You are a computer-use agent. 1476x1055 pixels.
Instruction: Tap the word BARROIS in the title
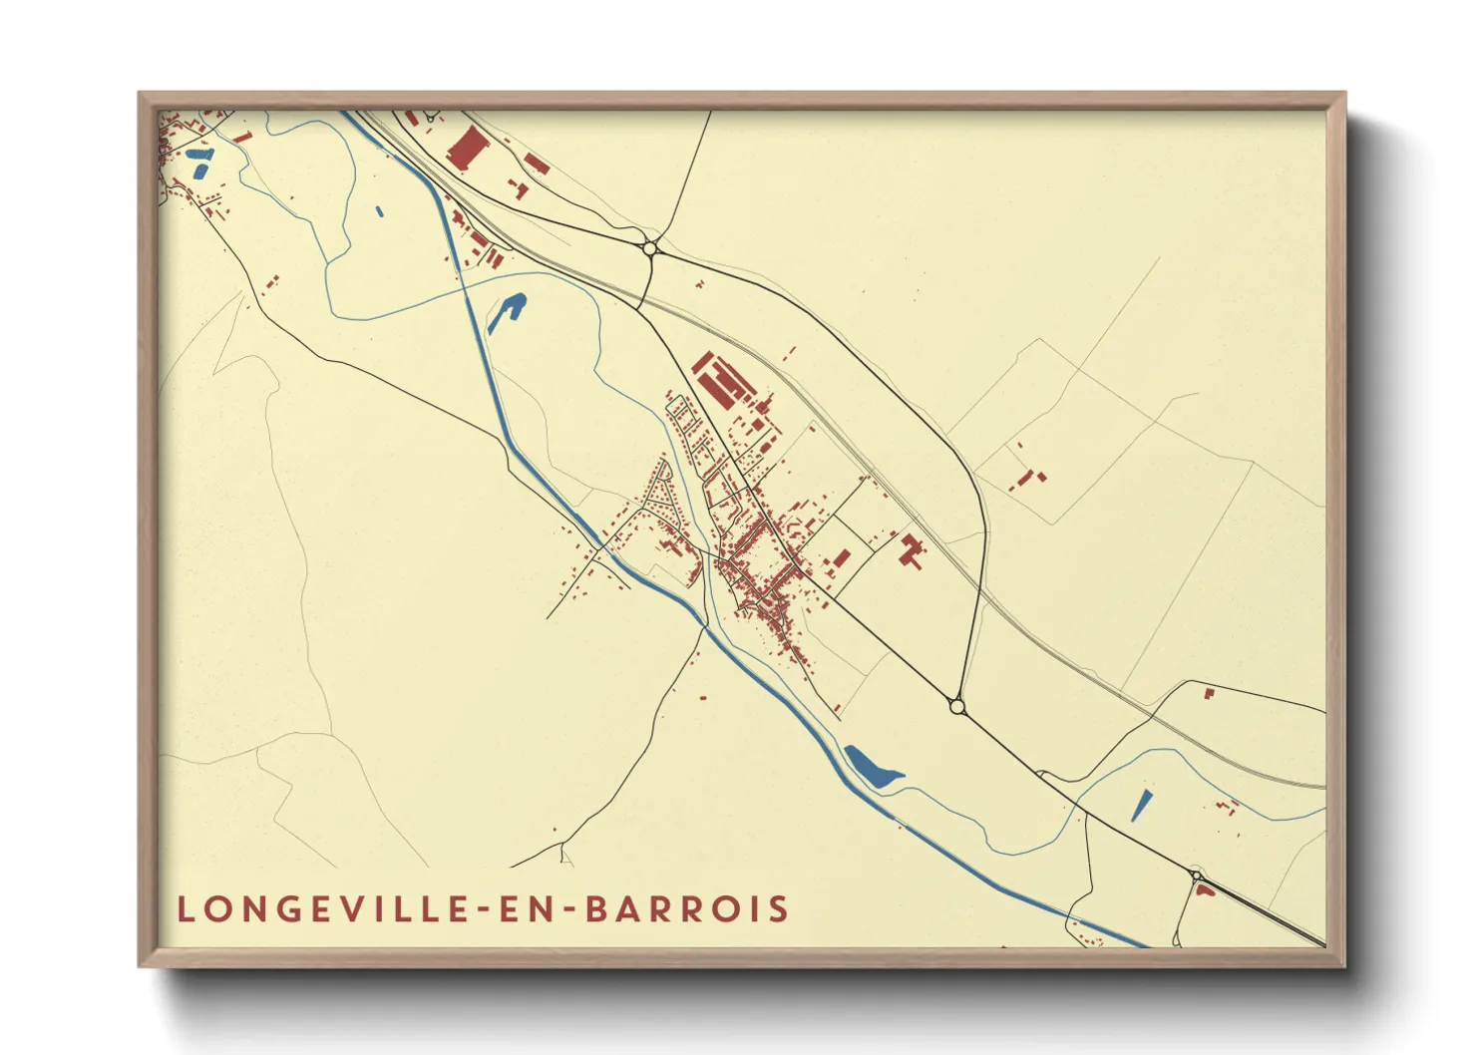tap(687, 909)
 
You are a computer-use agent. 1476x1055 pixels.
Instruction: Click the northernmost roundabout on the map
tap(649, 247)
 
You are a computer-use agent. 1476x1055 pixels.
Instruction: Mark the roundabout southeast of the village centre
tap(957, 706)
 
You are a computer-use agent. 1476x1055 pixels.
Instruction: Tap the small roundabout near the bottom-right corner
tap(1195, 877)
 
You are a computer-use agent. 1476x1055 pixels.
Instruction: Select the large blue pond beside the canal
tap(873, 766)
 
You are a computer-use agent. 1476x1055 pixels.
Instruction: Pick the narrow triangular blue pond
tap(1141, 806)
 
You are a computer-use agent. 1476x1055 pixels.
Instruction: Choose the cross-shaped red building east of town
tap(911, 550)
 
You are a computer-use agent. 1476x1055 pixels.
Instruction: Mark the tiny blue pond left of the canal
tap(380, 211)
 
